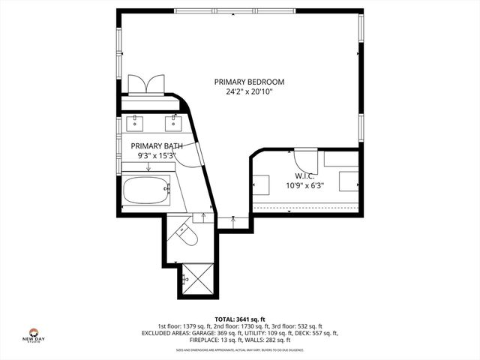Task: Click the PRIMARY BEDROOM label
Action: [x=249, y=82]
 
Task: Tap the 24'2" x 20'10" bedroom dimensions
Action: [x=249, y=92]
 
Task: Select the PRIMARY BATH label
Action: [x=157, y=145]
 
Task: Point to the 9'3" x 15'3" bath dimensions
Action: [x=157, y=155]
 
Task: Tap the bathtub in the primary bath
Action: [x=148, y=191]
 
